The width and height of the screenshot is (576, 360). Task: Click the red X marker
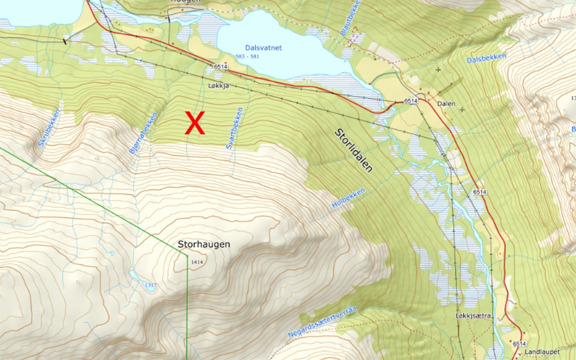click(x=195, y=123)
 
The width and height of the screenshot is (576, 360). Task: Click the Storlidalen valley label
click(x=354, y=150)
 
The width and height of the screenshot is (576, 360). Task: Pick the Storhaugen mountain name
click(x=204, y=244)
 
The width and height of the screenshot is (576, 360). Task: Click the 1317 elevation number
click(x=150, y=286)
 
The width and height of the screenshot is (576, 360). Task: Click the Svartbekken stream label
click(x=234, y=128)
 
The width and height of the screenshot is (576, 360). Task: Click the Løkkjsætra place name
click(x=473, y=316)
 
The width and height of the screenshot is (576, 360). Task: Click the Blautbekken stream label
click(x=350, y=18)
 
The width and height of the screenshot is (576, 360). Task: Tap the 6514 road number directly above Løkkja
click(x=220, y=67)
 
